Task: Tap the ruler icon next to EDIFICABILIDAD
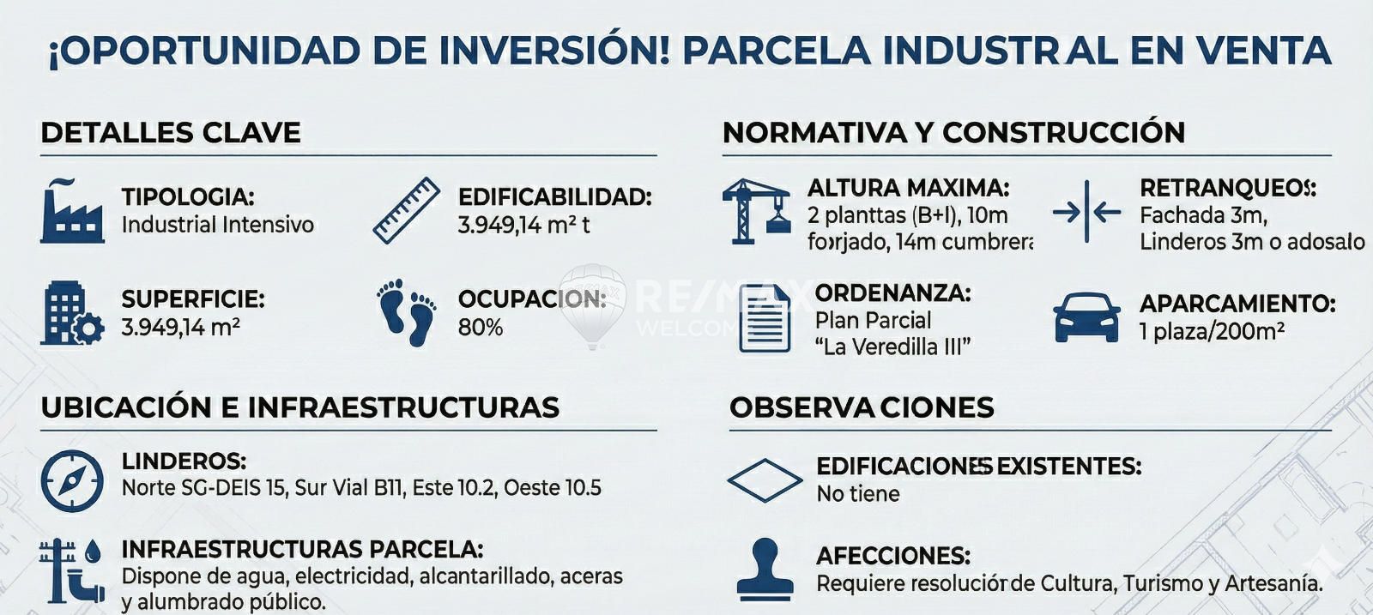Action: point(407,210)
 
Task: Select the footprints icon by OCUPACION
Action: point(407,312)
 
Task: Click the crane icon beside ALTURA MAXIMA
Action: point(756,211)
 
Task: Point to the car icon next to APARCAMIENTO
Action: point(1086,317)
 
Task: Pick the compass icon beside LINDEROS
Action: point(72,481)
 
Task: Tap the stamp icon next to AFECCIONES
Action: point(765,569)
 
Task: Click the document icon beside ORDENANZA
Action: point(765,318)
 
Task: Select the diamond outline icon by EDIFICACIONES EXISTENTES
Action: point(765,481)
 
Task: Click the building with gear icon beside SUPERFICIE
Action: point(72,313)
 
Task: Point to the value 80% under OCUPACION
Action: point(481,328)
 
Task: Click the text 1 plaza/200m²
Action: point(1213,331)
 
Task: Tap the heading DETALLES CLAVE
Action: point(171,133)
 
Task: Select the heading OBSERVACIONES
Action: point(862,407)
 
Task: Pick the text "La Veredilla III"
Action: point(893,347)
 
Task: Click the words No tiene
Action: point(858,494)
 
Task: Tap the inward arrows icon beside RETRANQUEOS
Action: point(1086,212)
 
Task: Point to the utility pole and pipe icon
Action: point(72,570)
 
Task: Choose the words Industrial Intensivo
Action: point(218,225)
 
